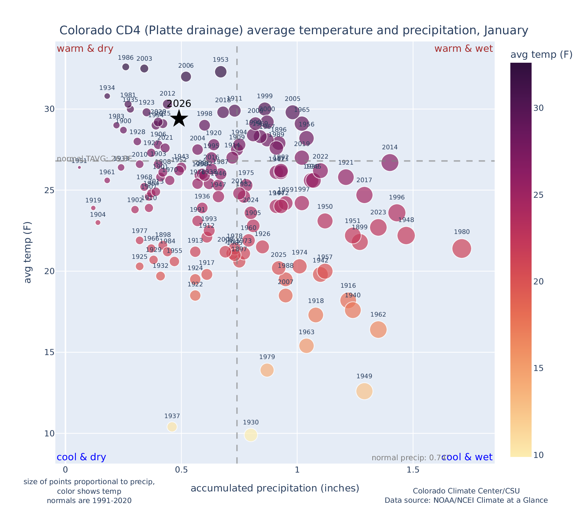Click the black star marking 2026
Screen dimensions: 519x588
[x=179, y=118]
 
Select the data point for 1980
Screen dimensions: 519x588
[x=462, y=249]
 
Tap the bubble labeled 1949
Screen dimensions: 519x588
[x=364, y=391]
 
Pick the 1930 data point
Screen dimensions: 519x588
[x=251, y=435]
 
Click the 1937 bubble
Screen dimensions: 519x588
[x=172, y=427]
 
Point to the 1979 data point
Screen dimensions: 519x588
[x=267, y=370]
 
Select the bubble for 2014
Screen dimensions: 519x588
[x=390, y=163]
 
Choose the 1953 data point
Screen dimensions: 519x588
[x=221, y=72]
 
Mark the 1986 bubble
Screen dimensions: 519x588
[x=126, y=67]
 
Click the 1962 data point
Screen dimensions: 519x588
[x=378, y=330]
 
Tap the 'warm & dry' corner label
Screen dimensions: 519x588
[x=85, y=49]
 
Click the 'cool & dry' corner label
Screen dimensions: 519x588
[x=81, y=457]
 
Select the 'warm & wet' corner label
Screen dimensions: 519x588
[x=464, y=49]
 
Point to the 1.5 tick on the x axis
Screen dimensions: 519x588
[x=413, y=470]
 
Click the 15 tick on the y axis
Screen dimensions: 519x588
[x=49, y=352]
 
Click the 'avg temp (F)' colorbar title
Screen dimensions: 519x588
[x=541, y=55]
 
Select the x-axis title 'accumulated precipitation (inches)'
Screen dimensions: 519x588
[x=275, y=488]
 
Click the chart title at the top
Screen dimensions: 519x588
[x=294, y=31]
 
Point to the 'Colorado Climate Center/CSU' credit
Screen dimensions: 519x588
[x=466, y=491]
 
